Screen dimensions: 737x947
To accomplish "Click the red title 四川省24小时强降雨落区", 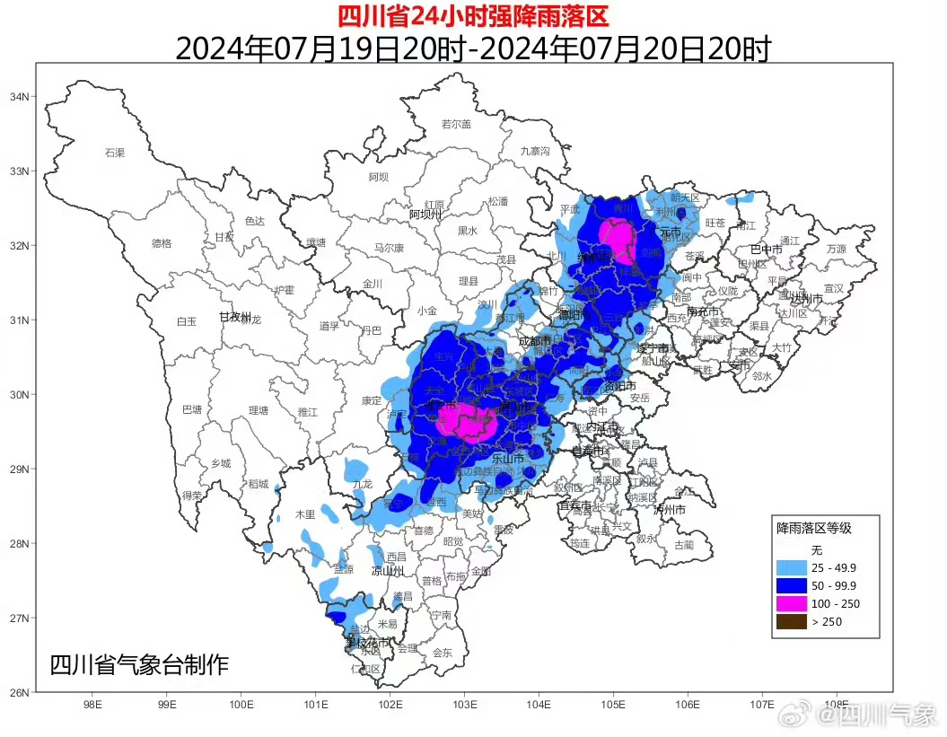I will coord(472,15).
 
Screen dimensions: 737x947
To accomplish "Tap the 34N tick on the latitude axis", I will coord(20,97).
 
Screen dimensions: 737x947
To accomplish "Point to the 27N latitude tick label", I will coord(20,619).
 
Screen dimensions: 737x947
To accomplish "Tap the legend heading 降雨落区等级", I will coord(815,529).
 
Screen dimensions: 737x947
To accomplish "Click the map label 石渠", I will coord(114,153).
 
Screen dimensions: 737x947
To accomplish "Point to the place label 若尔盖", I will coord(456,124).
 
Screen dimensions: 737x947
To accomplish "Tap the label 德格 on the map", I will coord(162,242).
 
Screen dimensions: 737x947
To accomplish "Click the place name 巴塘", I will coord(192,409).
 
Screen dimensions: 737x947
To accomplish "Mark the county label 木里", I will coord(305,514).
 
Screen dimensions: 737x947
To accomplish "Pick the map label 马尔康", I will coord(389,248).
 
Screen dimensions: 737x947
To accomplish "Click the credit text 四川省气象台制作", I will coord(139,665).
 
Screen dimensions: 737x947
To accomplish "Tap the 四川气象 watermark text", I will coord(890,715).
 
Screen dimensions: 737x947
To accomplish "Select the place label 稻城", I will coord(259,484).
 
